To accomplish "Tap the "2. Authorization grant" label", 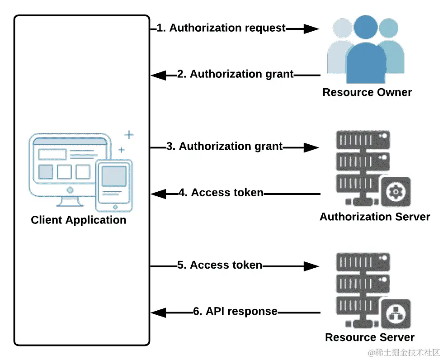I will click(x=242, y=74).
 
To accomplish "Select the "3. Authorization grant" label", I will click(x=231, y=147).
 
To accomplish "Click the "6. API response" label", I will click(x=235, y=312).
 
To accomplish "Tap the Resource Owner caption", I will click(x=367, y=93).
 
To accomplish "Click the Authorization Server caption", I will click(x=375, y=217).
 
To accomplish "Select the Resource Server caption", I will click(x=370, y=337).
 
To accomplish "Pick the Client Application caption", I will click(x=79, y=220).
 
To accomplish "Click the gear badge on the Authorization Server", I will click(x=396, y=192).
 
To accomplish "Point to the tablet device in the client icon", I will click(x=114, y=185).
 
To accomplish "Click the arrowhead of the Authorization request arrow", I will click(x=311, y=28).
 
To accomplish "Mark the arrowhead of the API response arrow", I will click(x=158, y=312).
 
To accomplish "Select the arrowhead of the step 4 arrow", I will click(x=158, y=194).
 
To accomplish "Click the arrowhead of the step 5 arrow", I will click(x=311, y=266).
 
